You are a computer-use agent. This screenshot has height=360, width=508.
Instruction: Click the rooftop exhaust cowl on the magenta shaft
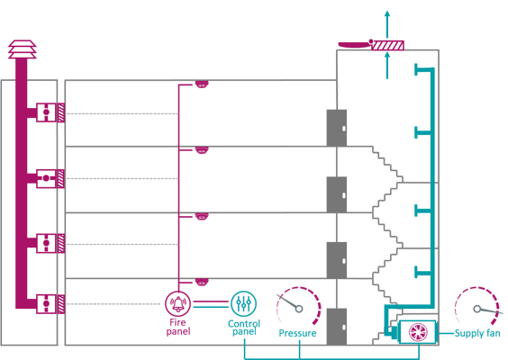23,49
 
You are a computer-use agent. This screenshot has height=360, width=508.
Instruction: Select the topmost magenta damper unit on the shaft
49,112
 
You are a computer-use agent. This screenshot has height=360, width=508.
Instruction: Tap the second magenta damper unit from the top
49,178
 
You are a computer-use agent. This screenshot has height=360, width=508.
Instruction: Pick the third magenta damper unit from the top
49,243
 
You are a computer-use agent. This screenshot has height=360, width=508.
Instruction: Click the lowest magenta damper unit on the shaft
49,304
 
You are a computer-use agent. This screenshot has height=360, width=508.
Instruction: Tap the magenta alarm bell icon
177,304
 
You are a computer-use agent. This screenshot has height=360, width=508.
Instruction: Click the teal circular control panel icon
243,303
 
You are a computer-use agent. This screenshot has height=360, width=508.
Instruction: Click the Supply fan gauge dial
476,308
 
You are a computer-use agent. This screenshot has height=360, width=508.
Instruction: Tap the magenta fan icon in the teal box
417,332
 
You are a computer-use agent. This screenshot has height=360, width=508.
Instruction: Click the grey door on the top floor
336,127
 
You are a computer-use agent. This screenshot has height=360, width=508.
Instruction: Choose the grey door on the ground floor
336,325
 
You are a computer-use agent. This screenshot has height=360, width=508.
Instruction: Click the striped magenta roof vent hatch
387,44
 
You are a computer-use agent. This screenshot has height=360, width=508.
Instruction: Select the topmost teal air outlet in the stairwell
420,69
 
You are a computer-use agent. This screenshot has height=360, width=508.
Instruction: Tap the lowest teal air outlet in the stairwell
420,272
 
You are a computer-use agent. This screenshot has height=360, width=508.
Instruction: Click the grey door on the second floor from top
336,193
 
